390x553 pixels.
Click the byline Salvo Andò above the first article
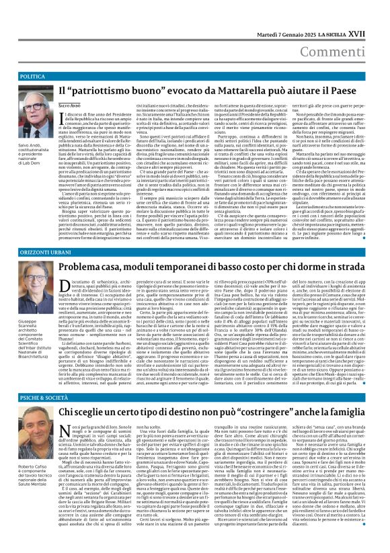click(70, 106)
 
